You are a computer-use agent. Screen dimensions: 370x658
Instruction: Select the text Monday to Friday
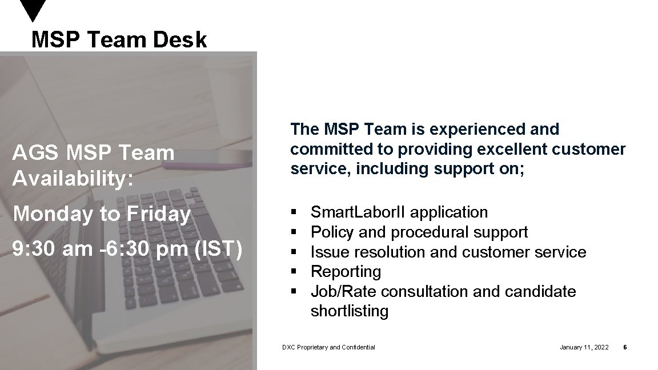pyautogui.click(x=102, y=214)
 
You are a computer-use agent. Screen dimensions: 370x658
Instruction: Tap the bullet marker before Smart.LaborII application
pyautogui.click(x=294, y=212)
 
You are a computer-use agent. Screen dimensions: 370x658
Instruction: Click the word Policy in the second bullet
pyautogui.click(x=332, y=232)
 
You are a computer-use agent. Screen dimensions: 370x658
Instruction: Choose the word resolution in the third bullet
pyautogui.click(x=390, y=252)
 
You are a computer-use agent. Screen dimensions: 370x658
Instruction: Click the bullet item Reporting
pyautogui.click(x=346, y=272)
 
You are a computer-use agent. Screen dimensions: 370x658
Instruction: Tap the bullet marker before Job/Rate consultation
pyautogui.click(x=294, y=292)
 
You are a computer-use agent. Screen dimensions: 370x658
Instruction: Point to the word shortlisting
pyautogui.click(x=349, y=311)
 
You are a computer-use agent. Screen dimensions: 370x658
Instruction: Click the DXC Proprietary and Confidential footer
pyautogui.click(x=328, y=347)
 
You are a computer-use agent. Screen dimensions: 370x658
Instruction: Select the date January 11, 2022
pyautogui.click(x=584, y=347)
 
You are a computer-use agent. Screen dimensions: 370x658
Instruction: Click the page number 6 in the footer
pyautogui.click(x=625, y=347)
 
